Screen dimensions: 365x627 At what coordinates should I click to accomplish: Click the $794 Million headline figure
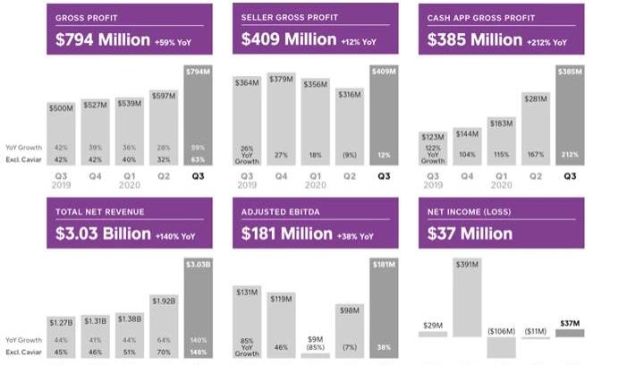(91, 40)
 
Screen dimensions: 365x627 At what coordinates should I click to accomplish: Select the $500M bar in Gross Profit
(62, 134)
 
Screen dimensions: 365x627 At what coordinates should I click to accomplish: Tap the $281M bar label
(535, 99)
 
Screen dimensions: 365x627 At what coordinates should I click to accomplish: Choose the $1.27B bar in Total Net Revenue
(62, 336)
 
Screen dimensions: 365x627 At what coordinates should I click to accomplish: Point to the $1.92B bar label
(164, 301)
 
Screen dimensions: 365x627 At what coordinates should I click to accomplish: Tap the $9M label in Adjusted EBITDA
(315, 338)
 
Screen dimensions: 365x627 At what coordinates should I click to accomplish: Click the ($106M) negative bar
(501, 346)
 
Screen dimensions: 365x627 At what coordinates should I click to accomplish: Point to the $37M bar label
(570, 323)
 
